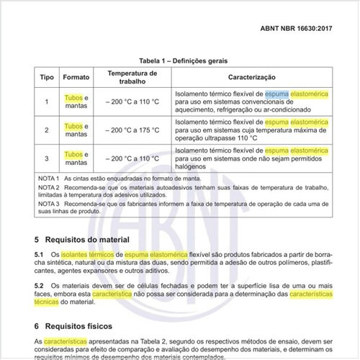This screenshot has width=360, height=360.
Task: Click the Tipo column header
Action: click(47, 76)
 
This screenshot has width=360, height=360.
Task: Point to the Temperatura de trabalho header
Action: click(132, 76)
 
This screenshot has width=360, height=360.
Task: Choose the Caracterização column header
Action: click(252, 76)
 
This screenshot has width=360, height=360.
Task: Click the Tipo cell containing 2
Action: click(47, 130)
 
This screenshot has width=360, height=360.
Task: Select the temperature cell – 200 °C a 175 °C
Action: click(132, 130)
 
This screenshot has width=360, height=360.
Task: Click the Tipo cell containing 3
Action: click(47, 158)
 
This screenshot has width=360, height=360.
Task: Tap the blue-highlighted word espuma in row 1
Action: click(276, 94)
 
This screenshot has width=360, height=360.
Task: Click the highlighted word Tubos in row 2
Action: click(73, 126)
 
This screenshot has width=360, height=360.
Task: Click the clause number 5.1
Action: click(40, 255)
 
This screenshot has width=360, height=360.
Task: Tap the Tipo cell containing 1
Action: click(47, 102)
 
